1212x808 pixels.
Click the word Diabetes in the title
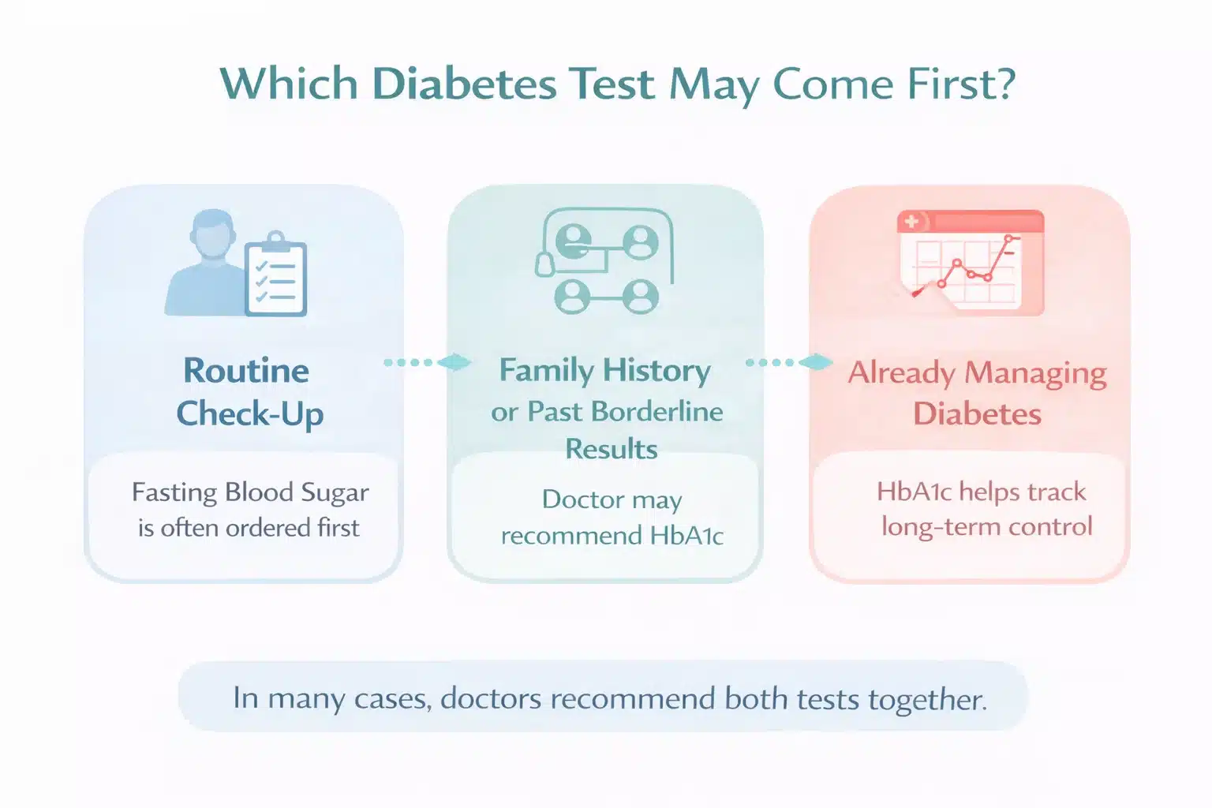point(464,84)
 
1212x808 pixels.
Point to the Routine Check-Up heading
point(248,392)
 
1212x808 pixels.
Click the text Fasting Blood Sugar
point(249,492)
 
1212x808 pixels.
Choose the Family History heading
point(604,371)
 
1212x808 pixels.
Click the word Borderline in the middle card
point(656,412)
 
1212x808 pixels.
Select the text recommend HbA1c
point(612,536)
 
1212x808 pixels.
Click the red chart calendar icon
point(971,262)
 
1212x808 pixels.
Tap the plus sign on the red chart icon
point(913,222)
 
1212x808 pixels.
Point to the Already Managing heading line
point(977,372)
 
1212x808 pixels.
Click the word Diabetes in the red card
point(977,414)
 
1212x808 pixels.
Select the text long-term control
point(986,526)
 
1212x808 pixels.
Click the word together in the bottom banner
point(927,699)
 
